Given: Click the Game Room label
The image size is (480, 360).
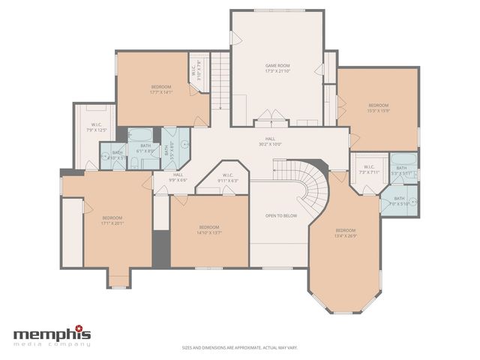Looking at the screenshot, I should pyautogui.click(x=277, y=68).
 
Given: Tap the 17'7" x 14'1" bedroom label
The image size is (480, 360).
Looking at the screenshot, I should pyautogui.click(x=161, y=89).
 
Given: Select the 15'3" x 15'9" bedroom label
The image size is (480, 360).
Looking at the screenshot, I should pyautogui.click(x=379, y=108).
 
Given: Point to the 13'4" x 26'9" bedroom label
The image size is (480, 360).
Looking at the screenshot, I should pyautogui.click(x=346, y=232).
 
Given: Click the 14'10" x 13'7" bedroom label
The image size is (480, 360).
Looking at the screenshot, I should pyautogui.click(x=209, y=229).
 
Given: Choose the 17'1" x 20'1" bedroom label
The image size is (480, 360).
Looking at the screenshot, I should pyautogui.click(x=112, y=220).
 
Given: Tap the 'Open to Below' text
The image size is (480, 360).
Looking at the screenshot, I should pyautogui.click(x=281, y=215).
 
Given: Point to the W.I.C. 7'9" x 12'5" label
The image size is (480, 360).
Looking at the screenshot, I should pyautogui.click(x=97, y=127).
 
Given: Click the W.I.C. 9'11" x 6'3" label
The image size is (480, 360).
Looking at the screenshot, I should pyautogui.click(x=227, y=179).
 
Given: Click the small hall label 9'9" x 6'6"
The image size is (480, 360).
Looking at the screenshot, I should pyautogui.click(x=177, y=178).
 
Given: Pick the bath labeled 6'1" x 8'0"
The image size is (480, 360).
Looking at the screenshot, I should pyautogui.click(x=145, y=148).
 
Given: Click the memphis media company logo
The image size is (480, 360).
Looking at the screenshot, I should pyautogui.click(x=52, y=335).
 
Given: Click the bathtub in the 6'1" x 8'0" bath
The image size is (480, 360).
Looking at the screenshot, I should pyautogui.click(x=141, y=136).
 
